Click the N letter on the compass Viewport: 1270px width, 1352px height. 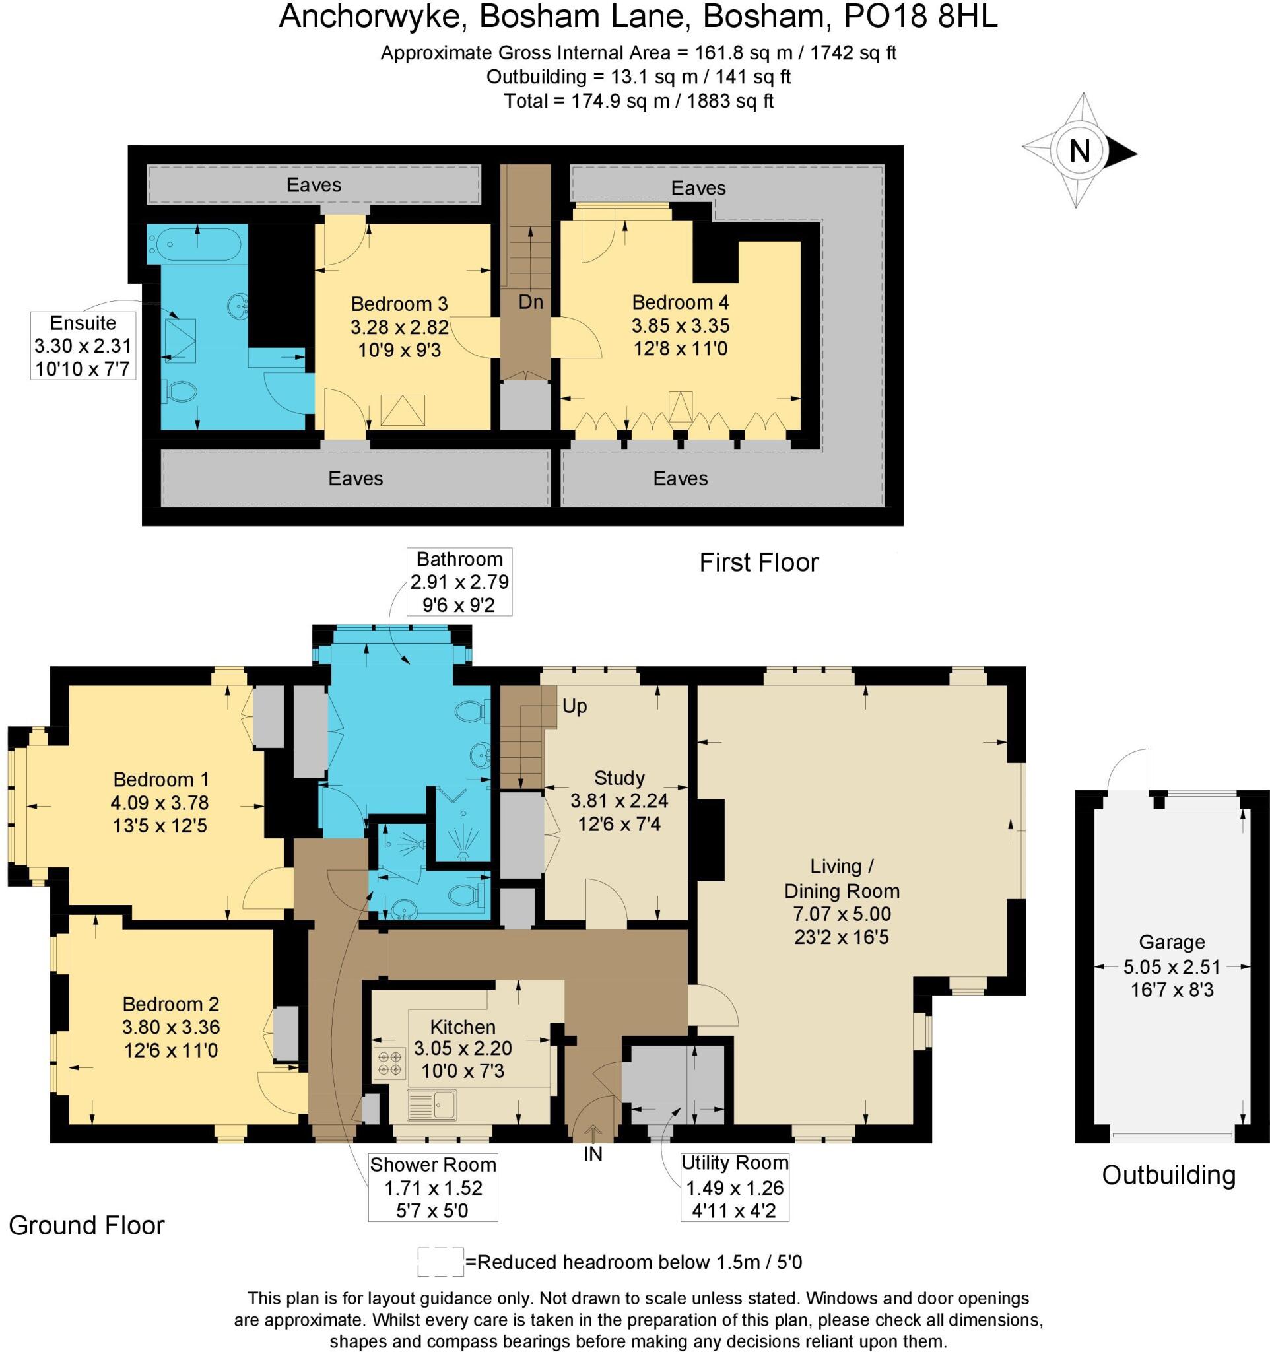pos(1080,151)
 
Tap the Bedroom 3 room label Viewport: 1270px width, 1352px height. pos(399,303)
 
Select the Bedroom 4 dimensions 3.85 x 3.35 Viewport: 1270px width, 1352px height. pos(680,325)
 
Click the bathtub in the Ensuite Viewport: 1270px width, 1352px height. pos(195,243)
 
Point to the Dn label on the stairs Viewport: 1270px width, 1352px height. pos(530,302)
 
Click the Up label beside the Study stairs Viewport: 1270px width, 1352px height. pos(574,706)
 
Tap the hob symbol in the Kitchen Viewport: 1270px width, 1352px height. pos(389,1064)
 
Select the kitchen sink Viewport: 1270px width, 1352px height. pos(432,1104)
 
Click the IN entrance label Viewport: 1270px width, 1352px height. pos(593,1154)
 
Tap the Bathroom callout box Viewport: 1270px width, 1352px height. pos(459,582)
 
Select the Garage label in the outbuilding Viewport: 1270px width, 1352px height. pos(1172,942)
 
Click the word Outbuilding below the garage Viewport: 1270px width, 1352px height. pos(1168,1175)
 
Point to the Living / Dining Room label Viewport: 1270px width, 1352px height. pos(841,878)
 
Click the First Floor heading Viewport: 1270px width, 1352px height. pos(758,562)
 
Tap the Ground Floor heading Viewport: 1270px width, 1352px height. pos(86,1225)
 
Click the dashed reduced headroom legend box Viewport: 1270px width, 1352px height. pos(440,1262)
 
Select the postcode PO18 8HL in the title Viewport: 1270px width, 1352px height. pos(920,17)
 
